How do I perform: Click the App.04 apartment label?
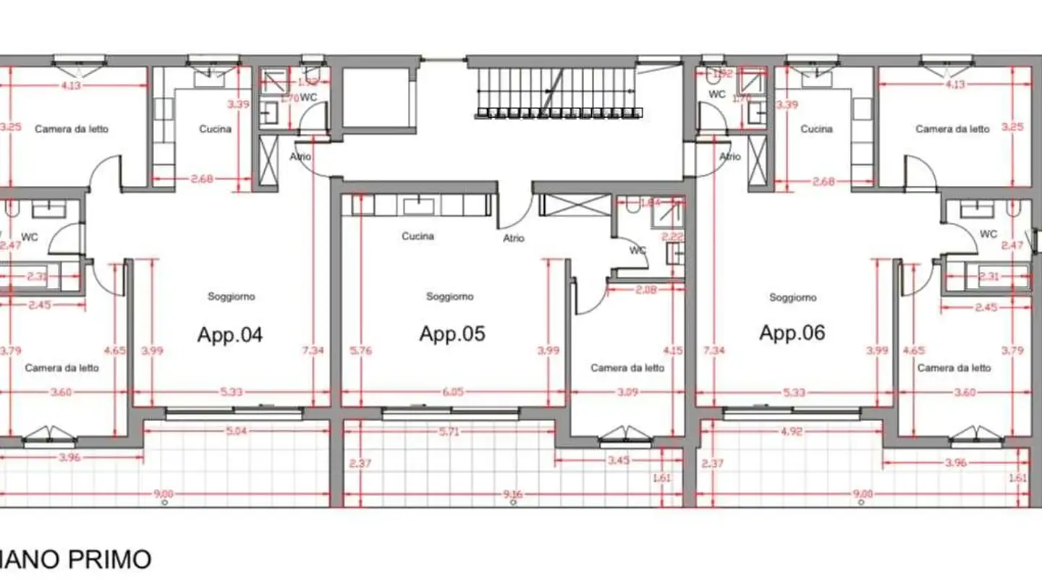click(229, 334)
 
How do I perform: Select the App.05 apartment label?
click(452, 334)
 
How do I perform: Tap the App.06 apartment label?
click(792, 333)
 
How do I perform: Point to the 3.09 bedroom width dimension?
click(627, 392)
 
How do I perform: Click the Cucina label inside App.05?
click(418, 237)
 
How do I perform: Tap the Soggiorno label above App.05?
click(449, 297)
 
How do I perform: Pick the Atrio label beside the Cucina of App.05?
click(514, 238)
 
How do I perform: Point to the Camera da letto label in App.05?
click(627, 368)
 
